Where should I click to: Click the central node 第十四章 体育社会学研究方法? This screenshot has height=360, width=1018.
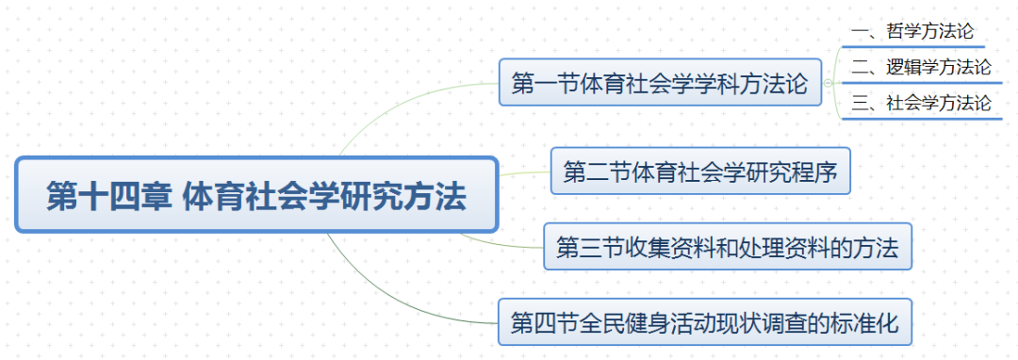pyautogui.click(x=256, y=194)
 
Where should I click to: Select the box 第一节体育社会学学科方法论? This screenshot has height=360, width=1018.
pyautogui.click(x=660, y=82)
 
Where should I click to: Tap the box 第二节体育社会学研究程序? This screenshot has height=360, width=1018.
pyautogui.click(x=700, y=172)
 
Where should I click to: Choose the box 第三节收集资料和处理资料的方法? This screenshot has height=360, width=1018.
pyautogui.click(x=728, y=247)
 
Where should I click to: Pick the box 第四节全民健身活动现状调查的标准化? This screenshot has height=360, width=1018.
pyautogui.click(x=705, y=321)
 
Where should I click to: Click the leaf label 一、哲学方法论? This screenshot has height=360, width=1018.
pyautogui.click(x=912, y=31)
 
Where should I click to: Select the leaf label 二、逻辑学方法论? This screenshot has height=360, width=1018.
pyautogui.click(x=921, y=67)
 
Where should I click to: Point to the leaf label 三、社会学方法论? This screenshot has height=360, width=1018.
pyautogui.click(x=921, y=103)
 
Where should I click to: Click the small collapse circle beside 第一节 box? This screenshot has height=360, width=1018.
pyautogui.click(x=828, y=83)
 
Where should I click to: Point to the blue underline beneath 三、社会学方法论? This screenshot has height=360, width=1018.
pyautogui.click(x=922, y=119)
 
